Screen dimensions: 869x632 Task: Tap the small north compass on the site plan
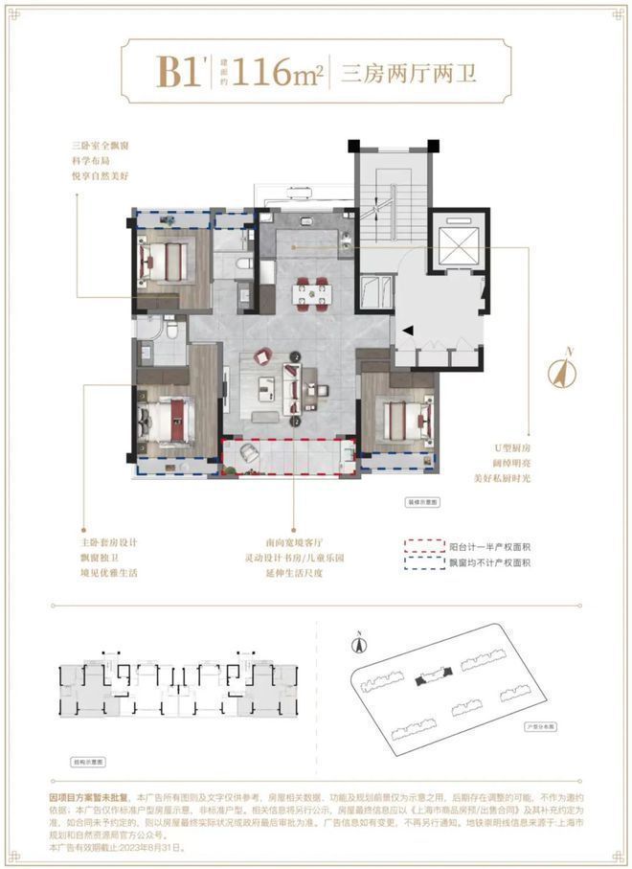pyautogui.click(x=356, y=645)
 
